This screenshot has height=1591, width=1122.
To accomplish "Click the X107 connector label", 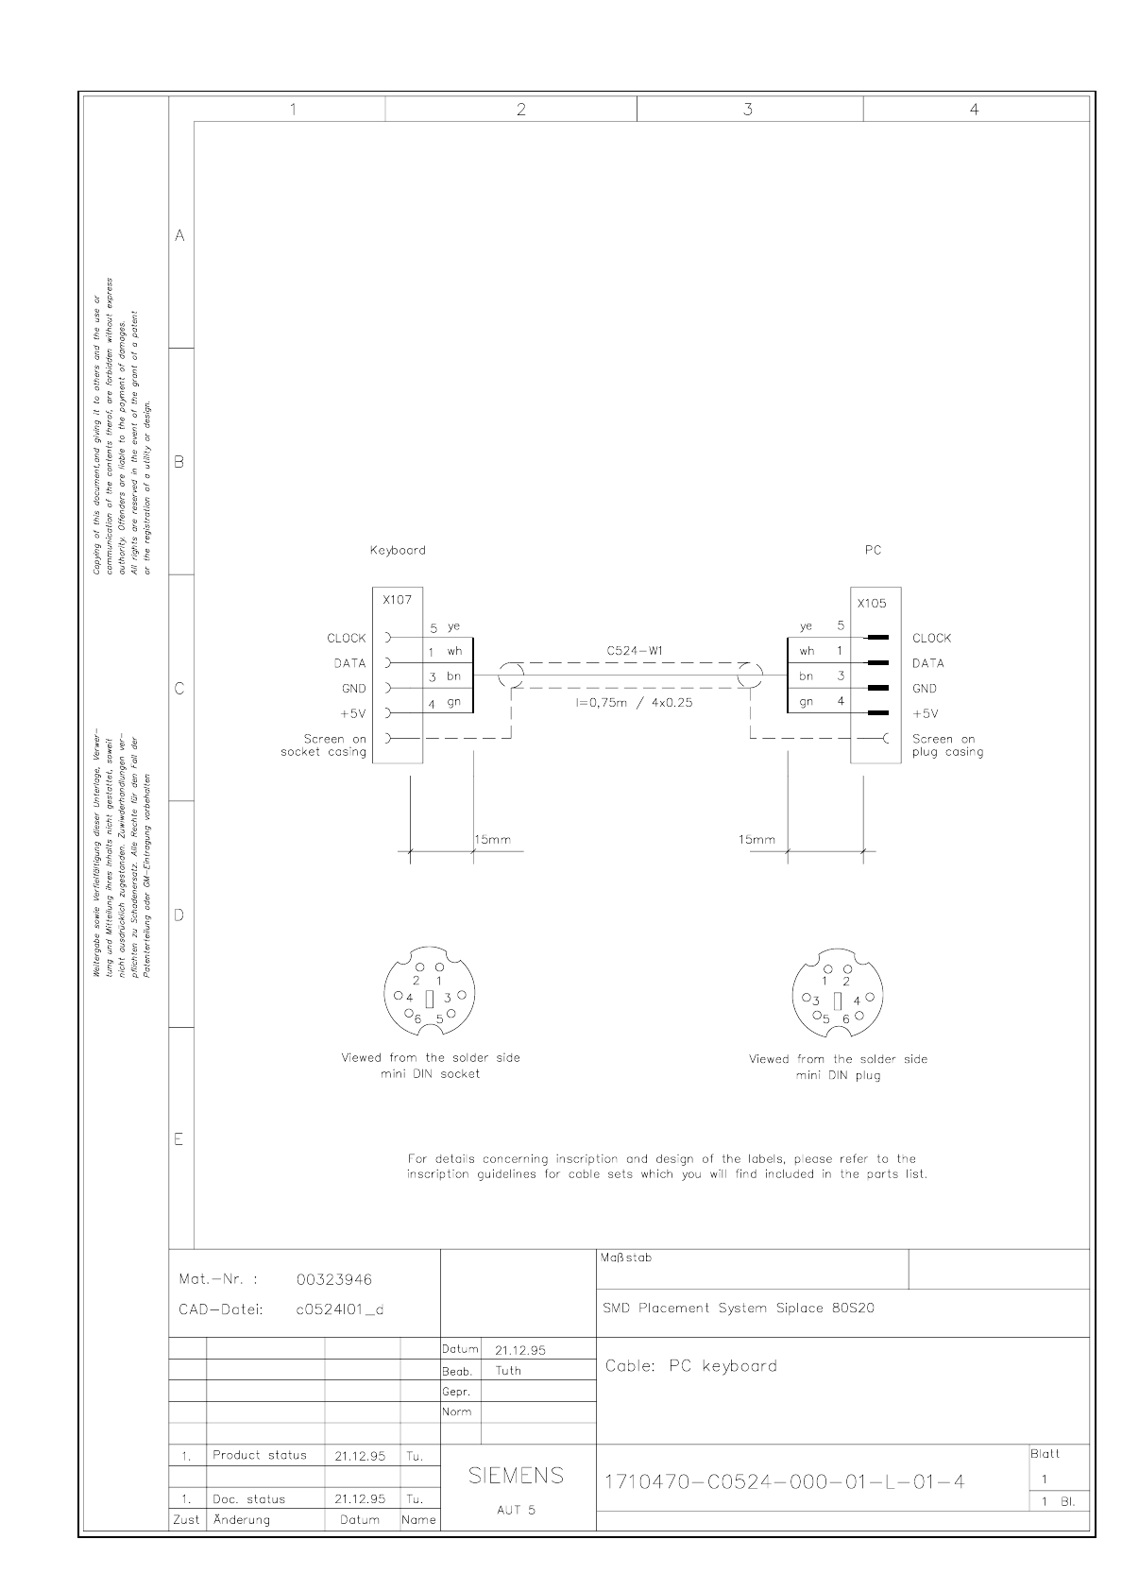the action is pos(397,599).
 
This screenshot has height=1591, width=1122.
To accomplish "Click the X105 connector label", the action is pos(872,603).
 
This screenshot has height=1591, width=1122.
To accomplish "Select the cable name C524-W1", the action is pos(633,651).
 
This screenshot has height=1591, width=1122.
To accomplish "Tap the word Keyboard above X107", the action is pos(397,550).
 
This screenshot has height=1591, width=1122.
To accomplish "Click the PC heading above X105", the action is pos(873,550).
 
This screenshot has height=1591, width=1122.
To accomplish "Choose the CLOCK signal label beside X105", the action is pos(931,639).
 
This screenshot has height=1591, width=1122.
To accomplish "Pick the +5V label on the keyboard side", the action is pos(352,713).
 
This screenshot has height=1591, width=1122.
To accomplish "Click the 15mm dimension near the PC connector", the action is pos(756,839).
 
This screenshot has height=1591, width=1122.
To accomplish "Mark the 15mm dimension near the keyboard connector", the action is pos(492,839).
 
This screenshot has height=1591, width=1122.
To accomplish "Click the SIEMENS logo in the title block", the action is pos(517,1476).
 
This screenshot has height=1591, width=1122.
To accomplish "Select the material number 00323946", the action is pos(334,1279).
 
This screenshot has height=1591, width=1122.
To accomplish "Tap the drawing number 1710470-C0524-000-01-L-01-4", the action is pos(784,1481).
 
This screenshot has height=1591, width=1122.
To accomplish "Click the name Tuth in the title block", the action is pos(508,1371).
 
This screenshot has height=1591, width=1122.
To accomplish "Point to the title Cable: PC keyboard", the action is pos(691,1366).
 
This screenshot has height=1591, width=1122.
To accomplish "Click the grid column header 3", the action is pos(748,110).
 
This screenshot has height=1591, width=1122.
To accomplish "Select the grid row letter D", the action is pos(179,915).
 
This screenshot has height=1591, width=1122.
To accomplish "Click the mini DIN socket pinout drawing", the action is pos(430,995).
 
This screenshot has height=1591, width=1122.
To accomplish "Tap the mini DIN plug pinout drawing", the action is pos(838,997).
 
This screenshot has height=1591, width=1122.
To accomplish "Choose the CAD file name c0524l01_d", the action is pos(340,1310).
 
